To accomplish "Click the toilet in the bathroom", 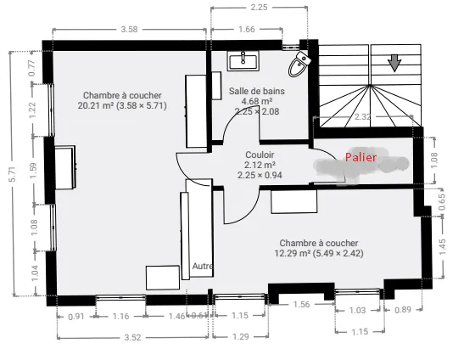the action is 299,65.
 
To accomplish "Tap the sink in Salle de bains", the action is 243,61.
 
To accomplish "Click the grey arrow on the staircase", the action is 394,63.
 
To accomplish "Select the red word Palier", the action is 361,157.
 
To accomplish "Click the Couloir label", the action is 260,155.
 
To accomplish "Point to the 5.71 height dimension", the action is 13,174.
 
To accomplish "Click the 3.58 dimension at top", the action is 129,30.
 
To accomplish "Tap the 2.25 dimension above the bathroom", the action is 259,7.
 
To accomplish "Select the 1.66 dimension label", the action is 247,30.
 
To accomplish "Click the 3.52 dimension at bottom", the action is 132,337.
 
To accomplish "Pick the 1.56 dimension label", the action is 301,304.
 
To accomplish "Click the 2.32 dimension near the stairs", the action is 362,116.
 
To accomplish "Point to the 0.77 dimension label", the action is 32,68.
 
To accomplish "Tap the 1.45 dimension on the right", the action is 442,247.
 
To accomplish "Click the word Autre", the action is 203,266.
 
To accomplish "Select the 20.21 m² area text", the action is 96,105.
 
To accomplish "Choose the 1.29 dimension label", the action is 241,336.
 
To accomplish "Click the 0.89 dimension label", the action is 403,310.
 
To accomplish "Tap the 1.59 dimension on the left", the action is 33,171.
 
